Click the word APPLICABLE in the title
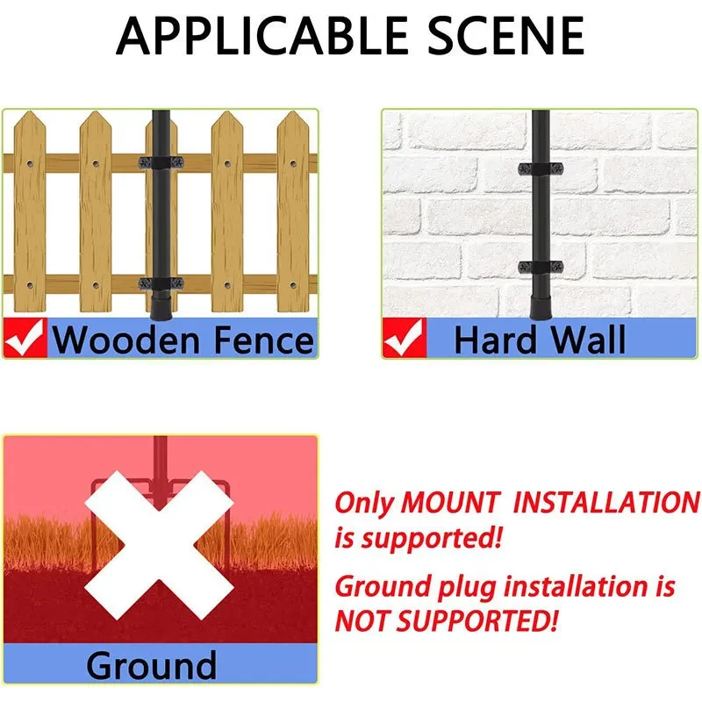[261, 36]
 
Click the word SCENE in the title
[506, 36]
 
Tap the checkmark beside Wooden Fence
[25, 338]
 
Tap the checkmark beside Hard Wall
[405, 338]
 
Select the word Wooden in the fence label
[126, 340]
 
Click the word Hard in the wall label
[495, 340]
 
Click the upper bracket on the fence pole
[161, 162]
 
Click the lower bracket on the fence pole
[161, 283]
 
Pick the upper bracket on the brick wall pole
[541, 168]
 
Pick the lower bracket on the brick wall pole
[541, 268]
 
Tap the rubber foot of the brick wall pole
[541, 307]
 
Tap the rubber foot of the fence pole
[161, 305]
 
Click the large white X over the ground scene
[160, 545]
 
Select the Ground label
[151, 666]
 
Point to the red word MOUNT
[449, 502]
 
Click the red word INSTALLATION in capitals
[606, 502]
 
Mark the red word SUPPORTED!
[477, 621]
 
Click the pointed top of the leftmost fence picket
[30, 112]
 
